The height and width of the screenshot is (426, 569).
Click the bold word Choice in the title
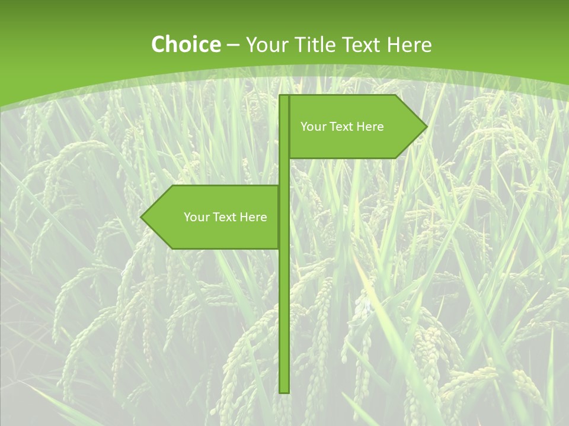[186, 44]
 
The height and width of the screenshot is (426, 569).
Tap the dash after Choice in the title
[233, 46]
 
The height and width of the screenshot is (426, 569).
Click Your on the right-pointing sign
[312, 127]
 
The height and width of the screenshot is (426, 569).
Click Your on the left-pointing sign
[196, 217]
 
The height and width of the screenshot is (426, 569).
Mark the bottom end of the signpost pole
[284, 390]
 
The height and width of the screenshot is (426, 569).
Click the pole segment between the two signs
[284, 172]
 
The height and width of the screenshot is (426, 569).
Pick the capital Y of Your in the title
[251, 44]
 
